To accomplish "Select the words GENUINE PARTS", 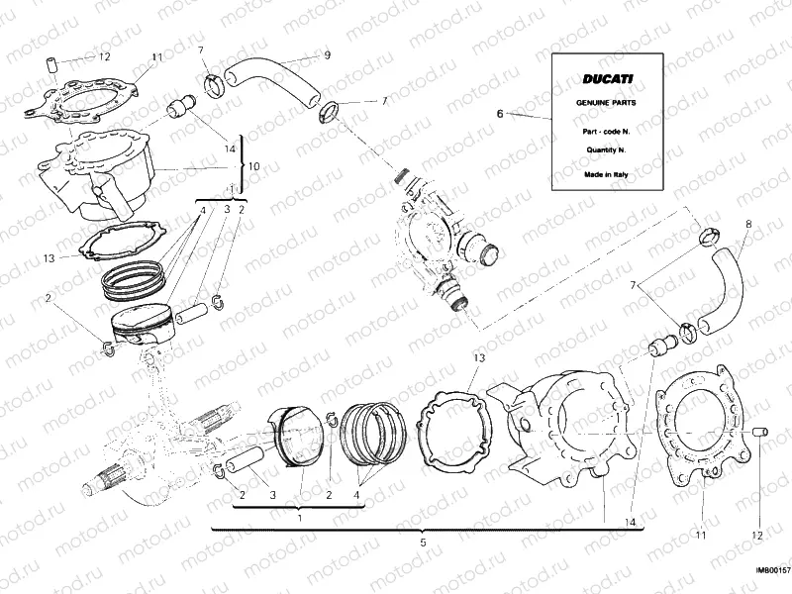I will point(608,103).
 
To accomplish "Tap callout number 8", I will point(747,224).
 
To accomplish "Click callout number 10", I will point(253,166).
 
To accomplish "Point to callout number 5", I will point(423,543).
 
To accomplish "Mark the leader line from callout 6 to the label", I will point(530,117).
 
